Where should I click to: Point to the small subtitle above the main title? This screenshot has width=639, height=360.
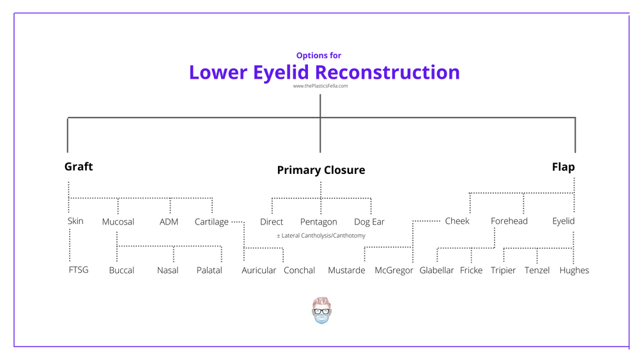[x=318, y=56]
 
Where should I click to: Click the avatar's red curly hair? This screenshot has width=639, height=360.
[x=321, y=300]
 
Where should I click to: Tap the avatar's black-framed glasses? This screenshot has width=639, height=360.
[x=321, y=310]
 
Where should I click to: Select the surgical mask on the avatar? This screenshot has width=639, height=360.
[x=321, y=317]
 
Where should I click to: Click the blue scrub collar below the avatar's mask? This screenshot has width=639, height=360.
[x=321, y=324]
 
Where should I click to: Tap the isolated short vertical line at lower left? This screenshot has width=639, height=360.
[x=70, y=245]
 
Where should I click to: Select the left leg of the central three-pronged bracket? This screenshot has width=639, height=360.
[x=272, y=206]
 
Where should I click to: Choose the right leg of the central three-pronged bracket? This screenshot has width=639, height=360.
[x=371, y=206]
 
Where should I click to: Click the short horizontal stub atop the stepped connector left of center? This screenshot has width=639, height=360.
[x=237, y=222]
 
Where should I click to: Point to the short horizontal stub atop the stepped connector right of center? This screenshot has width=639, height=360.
[x=427, y=221]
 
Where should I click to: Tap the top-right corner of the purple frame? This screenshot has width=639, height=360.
[x=629, y=13]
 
